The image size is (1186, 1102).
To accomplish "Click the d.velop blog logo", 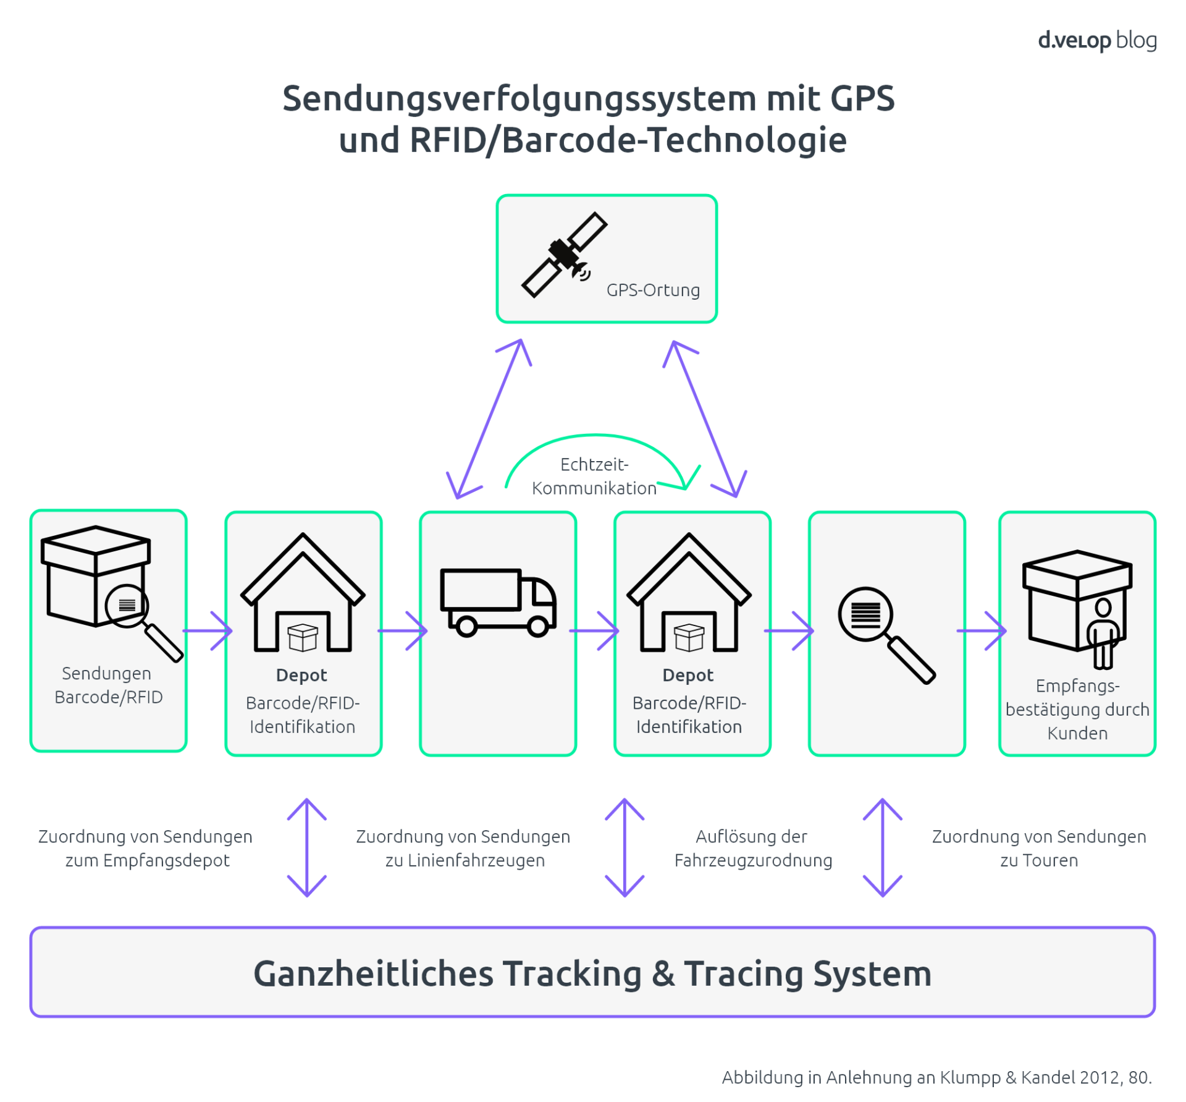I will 1096,40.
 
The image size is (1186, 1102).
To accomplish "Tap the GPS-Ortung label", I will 653,290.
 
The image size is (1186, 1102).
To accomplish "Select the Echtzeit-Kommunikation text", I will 594,476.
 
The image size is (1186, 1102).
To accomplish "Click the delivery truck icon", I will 498,603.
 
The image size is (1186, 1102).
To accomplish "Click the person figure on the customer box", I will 1103,634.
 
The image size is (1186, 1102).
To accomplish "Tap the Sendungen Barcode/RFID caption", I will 108,685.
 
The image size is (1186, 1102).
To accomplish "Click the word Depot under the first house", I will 301,675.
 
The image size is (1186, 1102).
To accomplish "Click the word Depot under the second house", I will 688,675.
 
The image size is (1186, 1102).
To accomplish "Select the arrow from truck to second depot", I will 594,630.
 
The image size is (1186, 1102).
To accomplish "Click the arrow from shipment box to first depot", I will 207,630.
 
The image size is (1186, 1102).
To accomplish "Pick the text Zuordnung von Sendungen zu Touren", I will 1038,848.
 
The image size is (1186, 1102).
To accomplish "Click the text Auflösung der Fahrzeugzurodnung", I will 752,848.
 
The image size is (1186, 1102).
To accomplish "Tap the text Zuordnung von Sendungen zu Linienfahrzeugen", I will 463,848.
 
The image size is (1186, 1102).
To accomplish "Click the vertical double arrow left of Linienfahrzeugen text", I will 307,847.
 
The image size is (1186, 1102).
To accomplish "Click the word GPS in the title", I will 862,99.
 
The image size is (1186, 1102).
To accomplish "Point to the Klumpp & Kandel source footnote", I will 936,1077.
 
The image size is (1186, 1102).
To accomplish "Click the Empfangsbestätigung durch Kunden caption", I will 1077,710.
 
